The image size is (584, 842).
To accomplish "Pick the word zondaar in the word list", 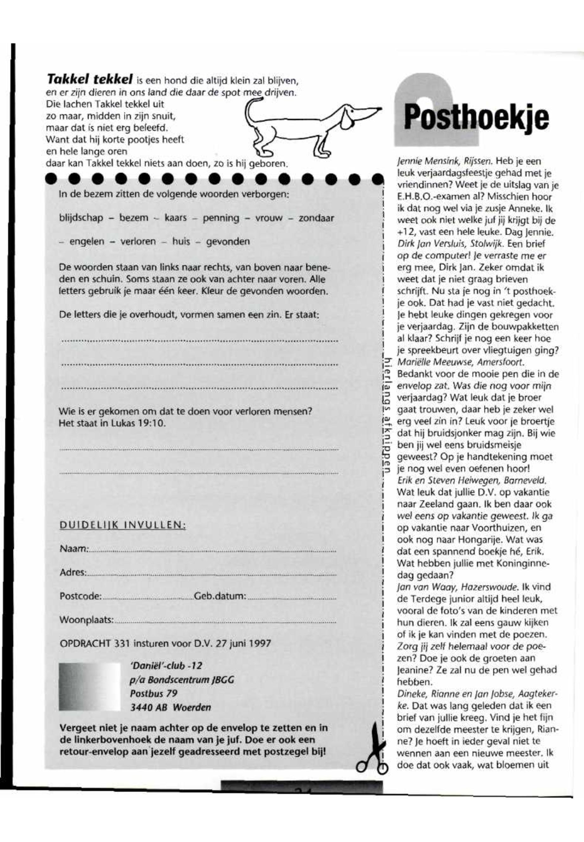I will tap(316, 218).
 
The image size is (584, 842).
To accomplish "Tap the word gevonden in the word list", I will tap(228, 242).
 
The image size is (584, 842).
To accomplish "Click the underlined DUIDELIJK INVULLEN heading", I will tap(122, 525).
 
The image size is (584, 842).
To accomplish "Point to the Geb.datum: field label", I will tap(220, 596).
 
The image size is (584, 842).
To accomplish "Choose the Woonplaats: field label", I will tap(86, 620).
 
